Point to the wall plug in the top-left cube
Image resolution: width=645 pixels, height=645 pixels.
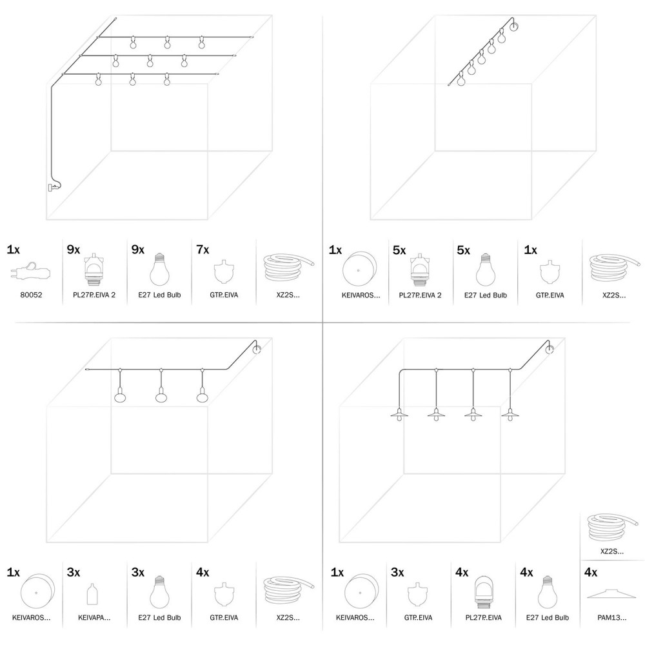tap(52, 187)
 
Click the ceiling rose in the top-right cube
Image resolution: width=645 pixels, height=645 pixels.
tap(514, 26)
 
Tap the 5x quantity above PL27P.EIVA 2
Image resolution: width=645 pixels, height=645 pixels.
tap(398, 250)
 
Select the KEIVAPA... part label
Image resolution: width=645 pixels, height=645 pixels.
tap(94, 617)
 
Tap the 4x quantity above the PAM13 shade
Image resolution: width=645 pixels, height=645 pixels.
tap(590, 572)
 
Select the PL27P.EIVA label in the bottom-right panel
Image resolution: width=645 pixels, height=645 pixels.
tap(483, 617)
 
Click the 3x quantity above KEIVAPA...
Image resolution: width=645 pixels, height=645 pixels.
tap(74, 572)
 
